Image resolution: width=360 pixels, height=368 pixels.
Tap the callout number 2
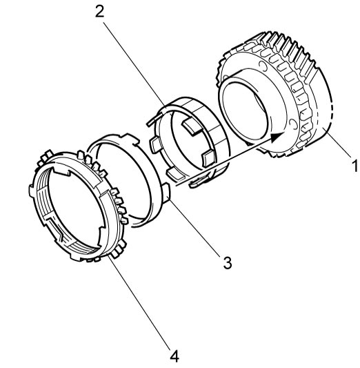tap(100, 12)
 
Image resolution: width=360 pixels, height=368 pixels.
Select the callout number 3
tap(228, 263)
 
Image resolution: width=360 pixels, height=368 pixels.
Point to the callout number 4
tap(174, 356)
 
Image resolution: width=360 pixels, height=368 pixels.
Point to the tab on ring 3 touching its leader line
tap(166, 193)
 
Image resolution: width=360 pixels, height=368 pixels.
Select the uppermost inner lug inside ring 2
tap(192, 127)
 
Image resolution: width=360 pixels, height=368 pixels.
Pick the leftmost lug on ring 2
tap(155, 146)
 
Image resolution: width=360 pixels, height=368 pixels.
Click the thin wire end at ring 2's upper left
tap(154, 120)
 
